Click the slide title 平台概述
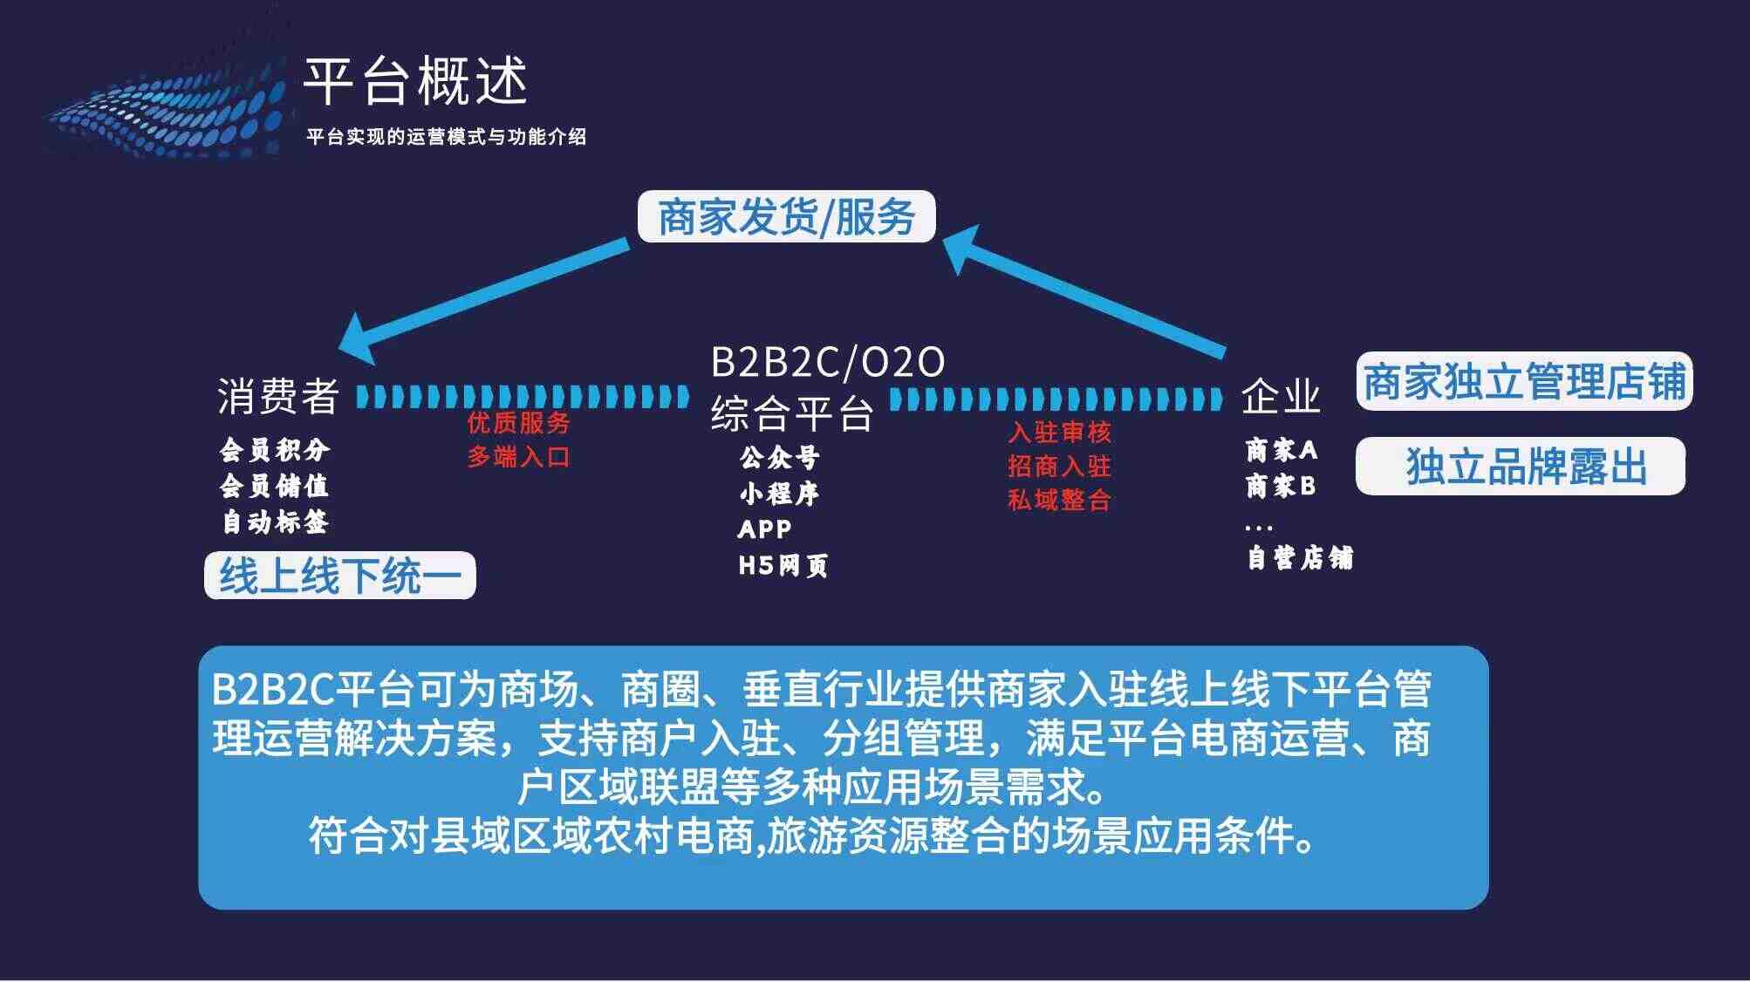[415, 81]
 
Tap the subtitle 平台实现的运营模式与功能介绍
[446, 137]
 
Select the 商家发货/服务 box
[786, 216]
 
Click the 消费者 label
[278, 397]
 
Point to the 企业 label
[1281, 396]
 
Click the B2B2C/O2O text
[828, 362]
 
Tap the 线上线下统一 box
[340, 576]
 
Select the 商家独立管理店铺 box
[1524, 381]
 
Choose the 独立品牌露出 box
[1521, 466]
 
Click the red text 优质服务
[518, 423]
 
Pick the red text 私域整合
[1059, 500]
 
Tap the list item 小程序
[779, 494]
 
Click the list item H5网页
[783, 566]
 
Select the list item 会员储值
[274, 486]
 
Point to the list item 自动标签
[274, 522]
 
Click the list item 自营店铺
[1300, 558]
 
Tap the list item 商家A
[1281, 450]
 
